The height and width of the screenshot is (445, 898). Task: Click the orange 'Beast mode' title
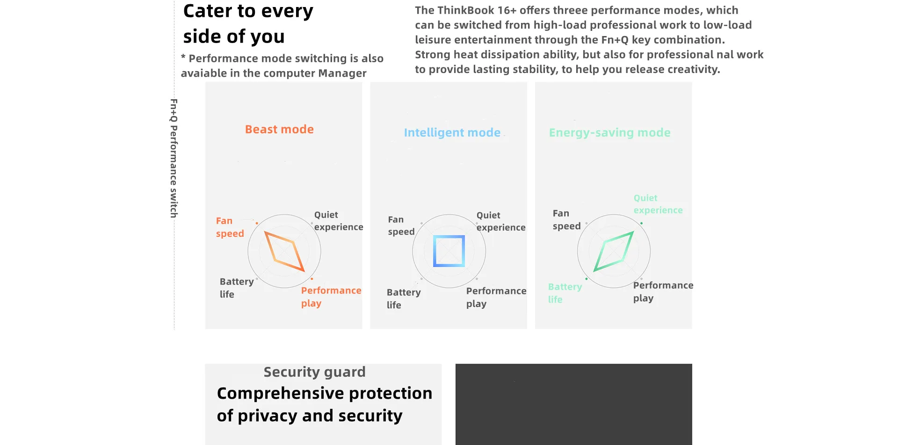pyautogui.click(x=279, y=129)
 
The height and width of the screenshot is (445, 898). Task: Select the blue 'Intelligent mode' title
pyautogui.click(x=452, y=132)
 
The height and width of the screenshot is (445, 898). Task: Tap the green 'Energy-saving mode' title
pyautogui.click(x=609, y=132)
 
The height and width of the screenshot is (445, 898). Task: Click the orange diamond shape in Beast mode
pyautogui.click(x=284, y=251)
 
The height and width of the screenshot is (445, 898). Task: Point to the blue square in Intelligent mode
pyautogui.click(x=449, y=251)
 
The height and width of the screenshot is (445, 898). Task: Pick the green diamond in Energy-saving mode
pyautogui.click(x=614, y=251)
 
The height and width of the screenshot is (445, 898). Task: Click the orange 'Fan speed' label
pyautogui.click(x=230, y=227)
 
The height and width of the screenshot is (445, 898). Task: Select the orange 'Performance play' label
pyautogui.click(x=331, y=297)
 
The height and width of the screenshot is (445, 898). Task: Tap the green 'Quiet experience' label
pyautogui.click(x=658, y=204)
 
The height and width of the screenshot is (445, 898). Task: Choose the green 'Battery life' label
pyautogui.click(x=565, y=293)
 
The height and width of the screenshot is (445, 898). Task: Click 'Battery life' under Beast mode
pyautogui.click(x=236, y=288)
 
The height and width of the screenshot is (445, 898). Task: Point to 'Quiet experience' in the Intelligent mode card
pyautogui.click(x=500, y=221)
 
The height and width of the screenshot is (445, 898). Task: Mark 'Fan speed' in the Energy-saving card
pyautogui.click(x=566, y=219)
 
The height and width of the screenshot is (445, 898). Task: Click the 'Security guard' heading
pyautogui.click(x=314, y=372)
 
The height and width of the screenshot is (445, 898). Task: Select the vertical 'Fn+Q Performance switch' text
pyautogui.click(x=174, y=158)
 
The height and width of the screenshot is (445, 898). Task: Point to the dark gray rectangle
pyautogui.click(x=573, y=404)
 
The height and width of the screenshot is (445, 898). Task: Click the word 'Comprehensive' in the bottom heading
pyautogui.click(x=280, y=394)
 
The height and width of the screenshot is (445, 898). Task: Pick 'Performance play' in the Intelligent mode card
pyautogui.click(x=496, y=297)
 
